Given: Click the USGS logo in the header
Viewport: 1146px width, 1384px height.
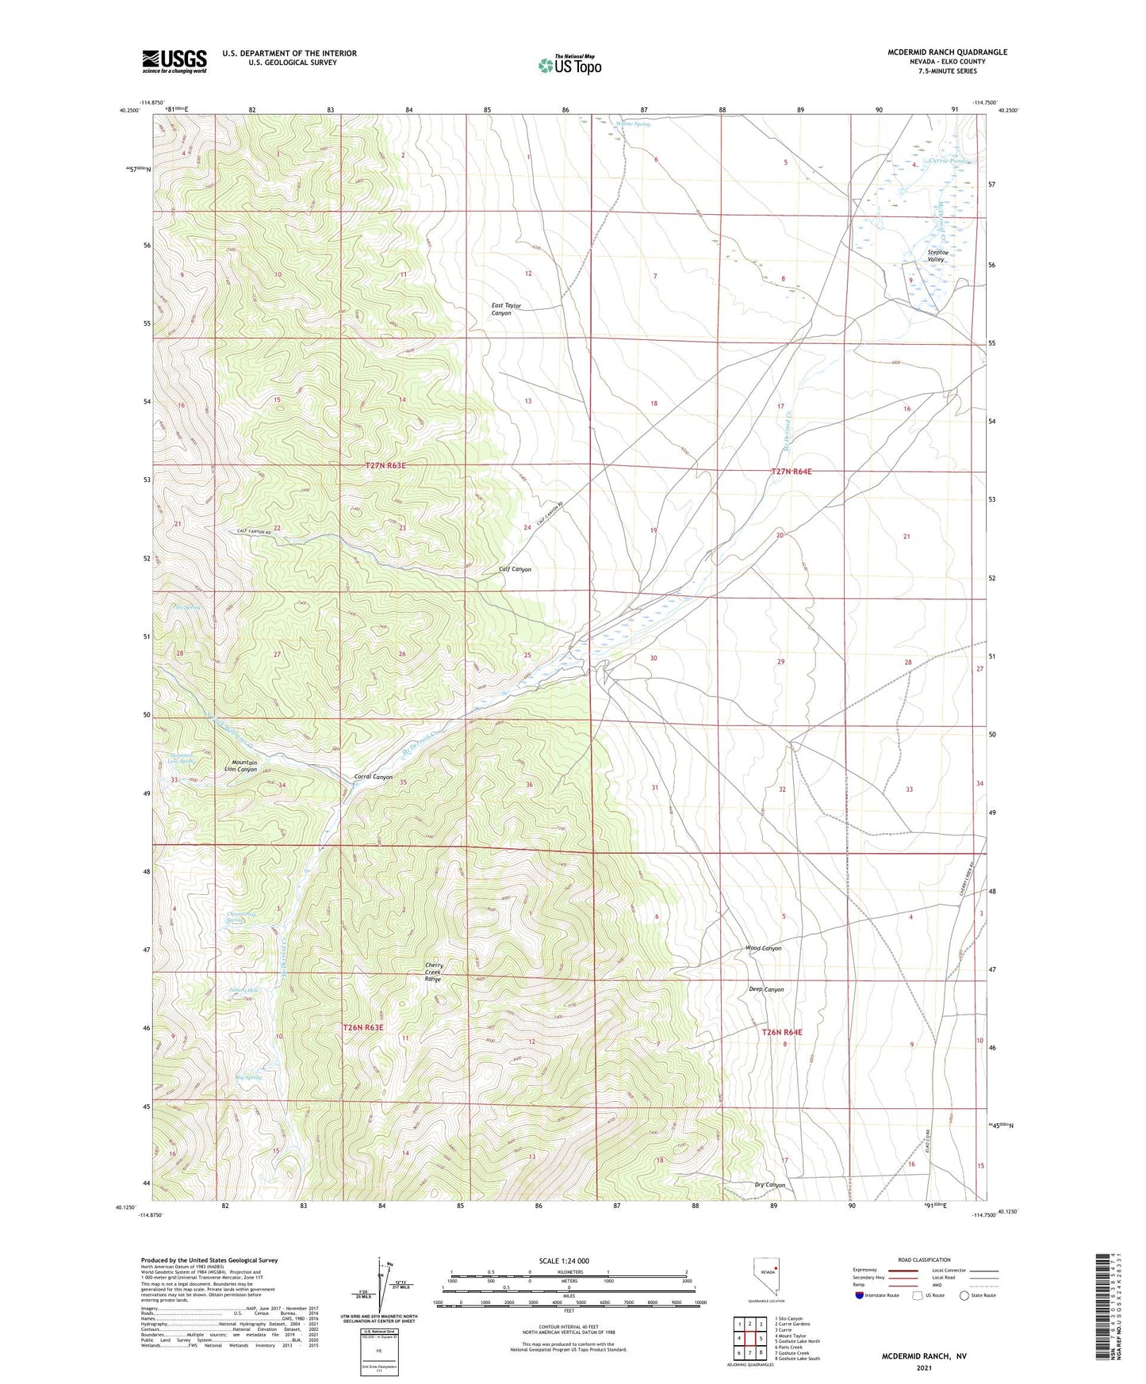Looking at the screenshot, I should pos(174,60).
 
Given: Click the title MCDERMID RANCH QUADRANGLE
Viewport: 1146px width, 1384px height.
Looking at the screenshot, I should pos(947,52).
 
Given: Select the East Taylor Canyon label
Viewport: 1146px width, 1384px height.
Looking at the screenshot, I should pos(512,309).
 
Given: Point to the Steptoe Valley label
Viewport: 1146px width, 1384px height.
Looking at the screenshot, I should pos(941,256).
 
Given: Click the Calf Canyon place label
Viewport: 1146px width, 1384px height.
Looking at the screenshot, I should pos(515,569).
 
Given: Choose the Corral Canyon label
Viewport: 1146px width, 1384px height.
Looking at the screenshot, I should pos(372,777).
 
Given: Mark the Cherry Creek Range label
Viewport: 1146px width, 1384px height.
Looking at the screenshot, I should pos(433,972).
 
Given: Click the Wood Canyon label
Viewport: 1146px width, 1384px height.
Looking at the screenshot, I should pos(763,948).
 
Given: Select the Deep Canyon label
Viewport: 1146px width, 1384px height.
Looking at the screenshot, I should pos(766,989).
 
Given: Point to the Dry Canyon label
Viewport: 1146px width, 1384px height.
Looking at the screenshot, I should pos(769,1185).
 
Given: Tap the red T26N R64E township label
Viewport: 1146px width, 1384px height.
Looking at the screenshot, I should pos(782,1032).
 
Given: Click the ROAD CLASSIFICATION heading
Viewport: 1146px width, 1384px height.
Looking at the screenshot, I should pos(924,1260).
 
